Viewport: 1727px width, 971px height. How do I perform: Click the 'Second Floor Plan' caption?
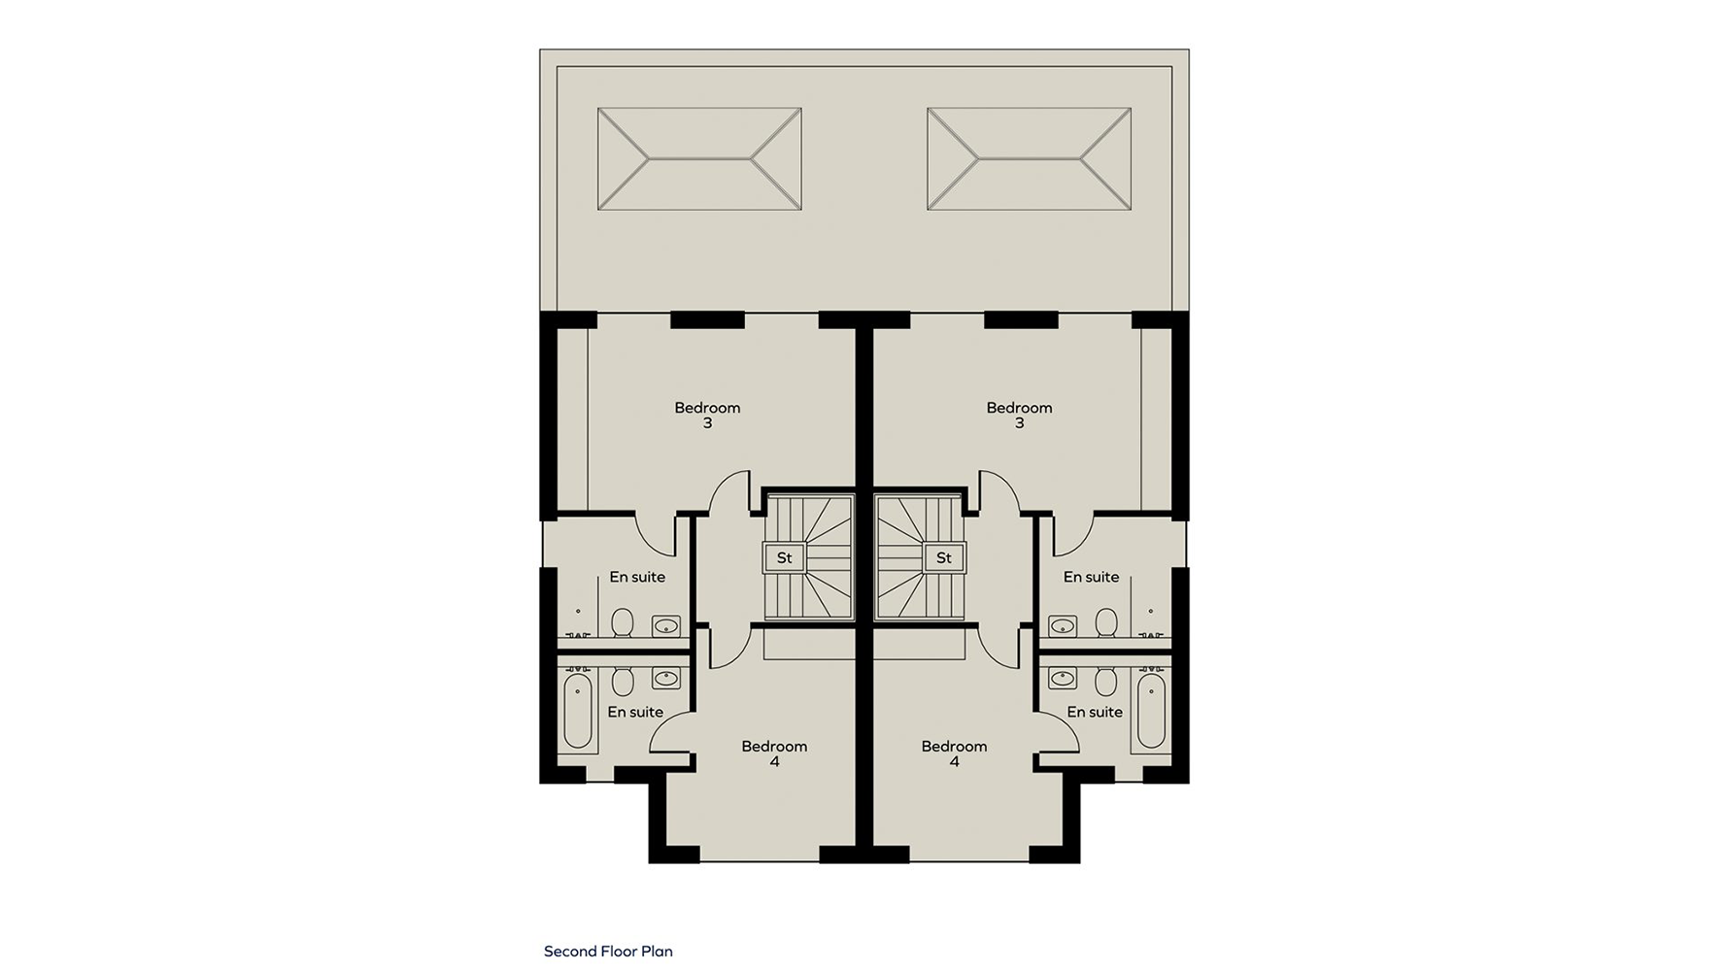click(608, 952)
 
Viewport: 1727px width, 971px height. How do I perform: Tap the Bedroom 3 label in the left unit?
click(707, 416)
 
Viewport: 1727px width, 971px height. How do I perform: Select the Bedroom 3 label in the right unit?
click(1019, 416)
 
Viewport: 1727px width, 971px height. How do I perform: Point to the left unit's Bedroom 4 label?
click(774, 754)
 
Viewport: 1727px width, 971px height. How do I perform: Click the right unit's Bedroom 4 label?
click(954, 754)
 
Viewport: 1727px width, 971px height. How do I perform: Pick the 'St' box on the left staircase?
click(784, 558)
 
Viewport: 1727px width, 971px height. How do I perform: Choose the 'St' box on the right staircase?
click(943, 558)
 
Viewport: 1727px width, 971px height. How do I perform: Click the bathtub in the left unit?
click(578, 712)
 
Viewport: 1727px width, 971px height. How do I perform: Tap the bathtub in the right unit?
click(1151, 712)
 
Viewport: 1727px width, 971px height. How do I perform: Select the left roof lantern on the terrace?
click(699, 159)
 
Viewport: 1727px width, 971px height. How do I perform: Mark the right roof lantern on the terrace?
click(1030, 159)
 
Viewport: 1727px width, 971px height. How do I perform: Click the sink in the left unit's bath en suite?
click(665, 678)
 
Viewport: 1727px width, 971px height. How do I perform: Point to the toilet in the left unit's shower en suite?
click(623, 622)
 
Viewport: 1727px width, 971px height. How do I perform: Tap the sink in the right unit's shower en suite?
click(1063, 625)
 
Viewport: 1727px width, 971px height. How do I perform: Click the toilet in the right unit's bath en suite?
click(1105, 682)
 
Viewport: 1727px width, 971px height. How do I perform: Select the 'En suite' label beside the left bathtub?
click(635, 712)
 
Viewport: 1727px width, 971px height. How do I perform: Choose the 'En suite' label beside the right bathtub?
click(1095, 712)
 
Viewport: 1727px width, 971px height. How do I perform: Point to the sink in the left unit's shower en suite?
click(665, 625)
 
